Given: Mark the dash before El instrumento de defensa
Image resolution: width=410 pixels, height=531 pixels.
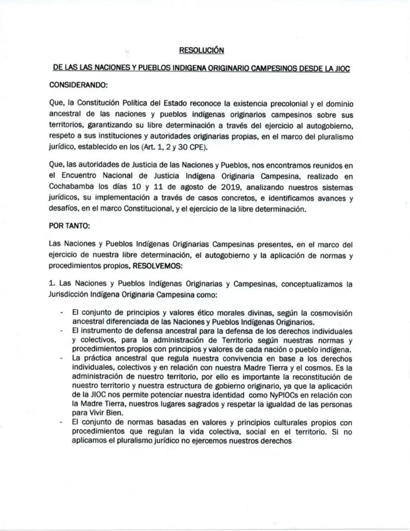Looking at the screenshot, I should [62, 330].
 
